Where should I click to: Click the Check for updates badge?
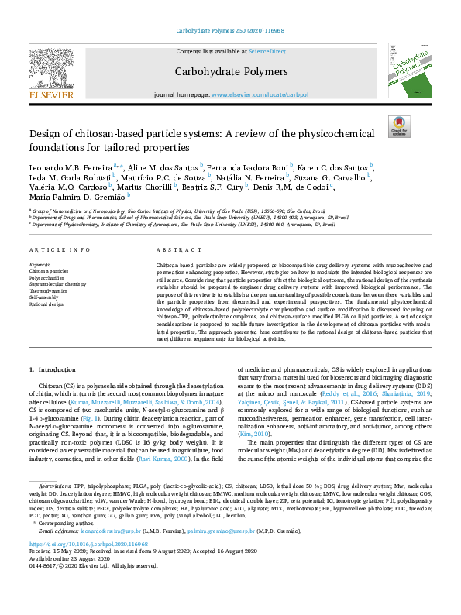(x=398, y=126)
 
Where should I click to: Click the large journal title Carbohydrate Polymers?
(x=230, y=72)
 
